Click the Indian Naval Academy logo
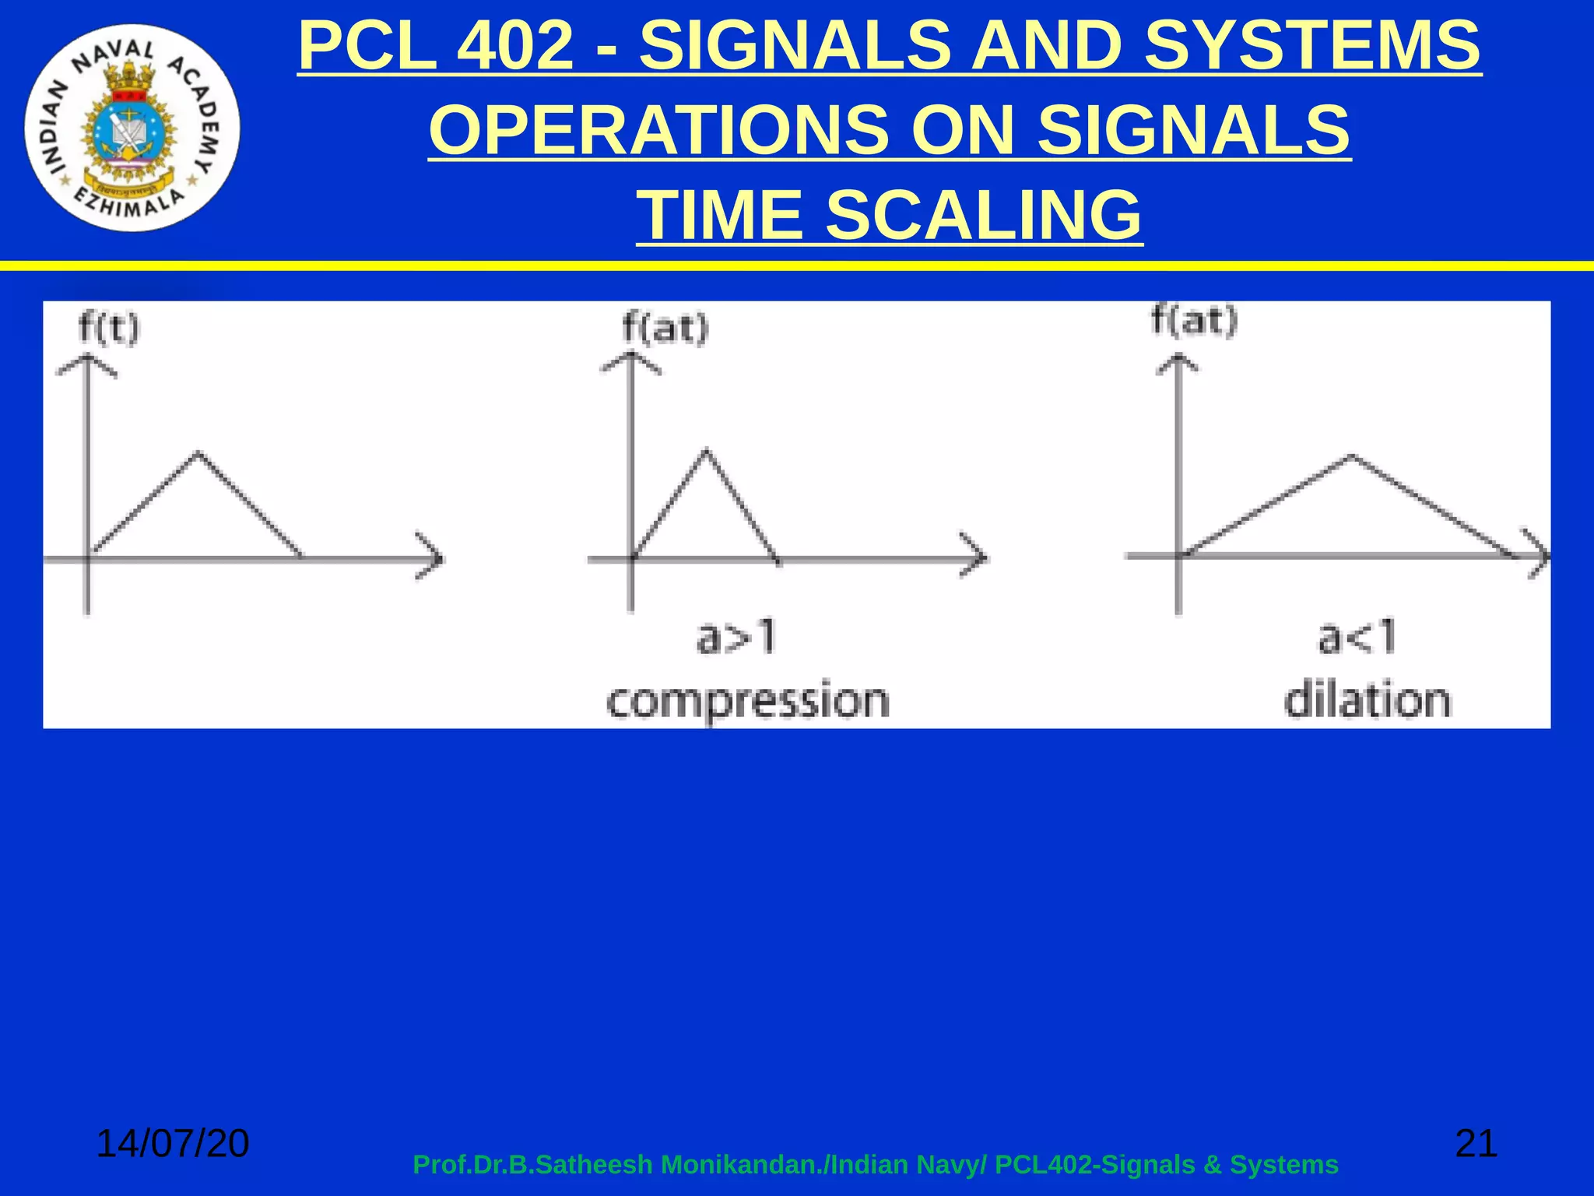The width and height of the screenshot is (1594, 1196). point(132,128)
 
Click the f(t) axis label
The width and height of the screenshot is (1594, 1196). point(109,328)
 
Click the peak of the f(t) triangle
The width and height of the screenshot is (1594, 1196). point(198,452)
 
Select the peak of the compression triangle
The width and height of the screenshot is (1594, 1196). point(706,450)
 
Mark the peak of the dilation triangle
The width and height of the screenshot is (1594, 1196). point(1352,456)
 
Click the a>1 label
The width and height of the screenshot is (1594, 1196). point(736,638)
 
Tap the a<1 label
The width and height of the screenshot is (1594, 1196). point(1357,638)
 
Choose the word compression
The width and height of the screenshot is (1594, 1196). point(748,701)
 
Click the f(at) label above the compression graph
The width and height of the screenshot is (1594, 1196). point(665,328)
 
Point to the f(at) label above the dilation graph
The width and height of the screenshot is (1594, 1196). point(1194,321)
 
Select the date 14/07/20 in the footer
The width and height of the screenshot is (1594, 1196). point(172,1143)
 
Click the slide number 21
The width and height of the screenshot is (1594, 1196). point(1476,1143)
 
